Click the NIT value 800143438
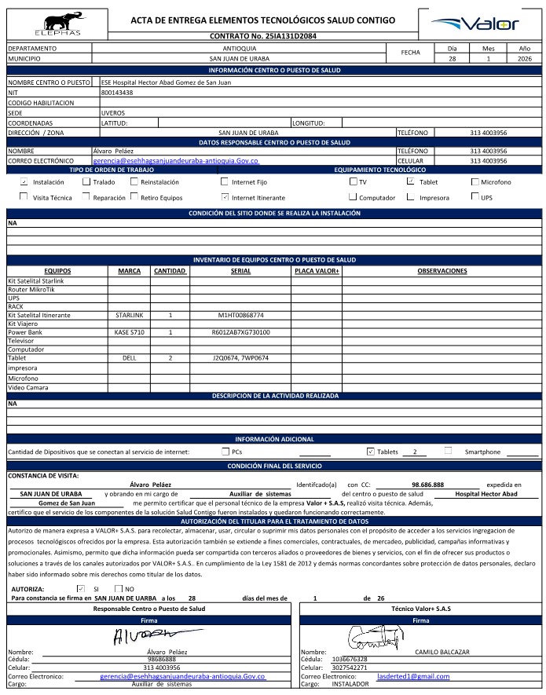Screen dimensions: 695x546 click(x=117, y=93)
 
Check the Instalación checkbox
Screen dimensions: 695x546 click(x=24, y=181)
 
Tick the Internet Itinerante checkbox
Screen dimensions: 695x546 click(x=225, y=198)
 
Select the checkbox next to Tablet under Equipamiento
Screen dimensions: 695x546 click(x=410, y=181)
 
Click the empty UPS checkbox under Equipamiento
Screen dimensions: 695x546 click(x=474, y=198)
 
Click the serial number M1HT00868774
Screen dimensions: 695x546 click(x=240, y=315)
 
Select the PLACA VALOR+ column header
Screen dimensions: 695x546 click(x=316, y=271)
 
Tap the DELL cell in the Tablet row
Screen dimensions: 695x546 click(x=129, y=357)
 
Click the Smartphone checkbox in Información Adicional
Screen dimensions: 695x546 click(x=448, y=451)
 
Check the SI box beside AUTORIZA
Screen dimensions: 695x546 click(x=80, y=588)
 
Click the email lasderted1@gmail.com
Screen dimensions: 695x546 click(x=413, y=676)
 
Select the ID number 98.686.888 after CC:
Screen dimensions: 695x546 click(x=427, y=485)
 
